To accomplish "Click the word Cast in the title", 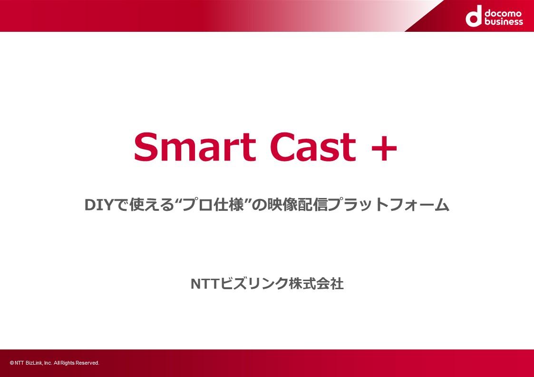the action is [312, 147].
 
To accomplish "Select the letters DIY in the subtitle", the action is [98, 205].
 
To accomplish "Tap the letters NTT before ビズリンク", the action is [204, 284].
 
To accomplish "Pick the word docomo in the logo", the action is [503, 13].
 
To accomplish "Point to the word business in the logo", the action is [504, 21].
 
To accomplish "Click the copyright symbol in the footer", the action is [12, 363].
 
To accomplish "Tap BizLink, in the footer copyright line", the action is [34, 363].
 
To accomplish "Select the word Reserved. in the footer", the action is [87, 363].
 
